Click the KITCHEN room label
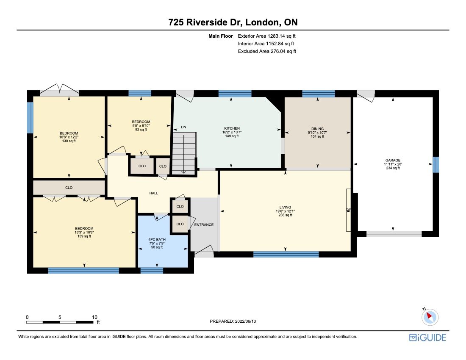(232, 128)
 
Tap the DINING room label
(317, 129)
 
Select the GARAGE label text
(393, 161)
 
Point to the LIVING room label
(285, 208)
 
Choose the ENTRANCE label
(204, 224)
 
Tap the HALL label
(153, 193)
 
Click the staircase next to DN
(184, 152)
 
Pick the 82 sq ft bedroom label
(140, 122)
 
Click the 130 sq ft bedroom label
(69, 133)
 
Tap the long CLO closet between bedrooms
(69, 187)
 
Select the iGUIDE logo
(427, 337)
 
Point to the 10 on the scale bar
(94, 317)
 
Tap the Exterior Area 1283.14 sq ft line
(266, 36)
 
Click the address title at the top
(233, 22)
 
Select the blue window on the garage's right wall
(435, 164)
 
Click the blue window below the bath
(152, 270)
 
